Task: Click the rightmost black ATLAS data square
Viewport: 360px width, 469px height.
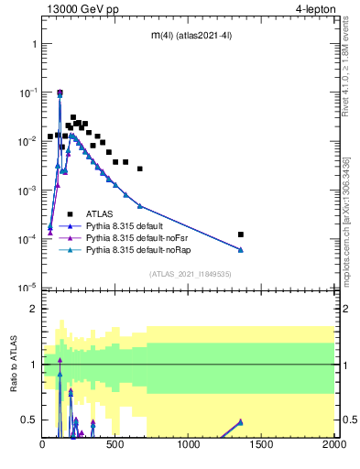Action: tap(241, 234)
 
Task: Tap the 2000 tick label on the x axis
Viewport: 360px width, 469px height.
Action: tap(333, 445)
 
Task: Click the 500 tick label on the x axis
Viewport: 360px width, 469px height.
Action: tap(115, 445)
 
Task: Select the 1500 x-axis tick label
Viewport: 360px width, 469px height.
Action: tap(261, 445)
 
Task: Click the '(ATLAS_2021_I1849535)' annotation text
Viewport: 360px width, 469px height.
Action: tap(189, 274)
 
